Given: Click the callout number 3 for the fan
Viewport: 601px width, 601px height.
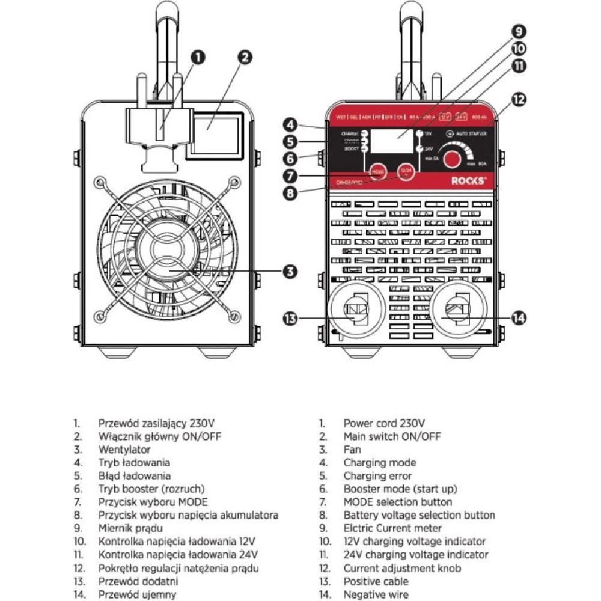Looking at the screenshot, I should (x=290, y=271).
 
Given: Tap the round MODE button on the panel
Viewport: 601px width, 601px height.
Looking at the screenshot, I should (x=377, y=171).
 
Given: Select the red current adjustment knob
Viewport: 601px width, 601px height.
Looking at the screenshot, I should (x=455, y=158).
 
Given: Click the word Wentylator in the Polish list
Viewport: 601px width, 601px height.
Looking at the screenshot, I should (x=124, y=450).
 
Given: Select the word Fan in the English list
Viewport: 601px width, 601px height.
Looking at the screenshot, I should (x=352, y=450).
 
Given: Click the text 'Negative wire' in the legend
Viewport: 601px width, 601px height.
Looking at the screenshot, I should (x=376, y=595).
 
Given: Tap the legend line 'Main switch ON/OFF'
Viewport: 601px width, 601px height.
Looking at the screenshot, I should (x=392, y=436).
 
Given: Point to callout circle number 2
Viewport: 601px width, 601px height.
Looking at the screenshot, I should (x=244, y=57).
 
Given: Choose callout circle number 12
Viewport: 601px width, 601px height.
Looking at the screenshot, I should (x=517, y=99).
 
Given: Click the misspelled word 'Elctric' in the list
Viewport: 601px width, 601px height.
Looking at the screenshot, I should (x=358, y=529).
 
